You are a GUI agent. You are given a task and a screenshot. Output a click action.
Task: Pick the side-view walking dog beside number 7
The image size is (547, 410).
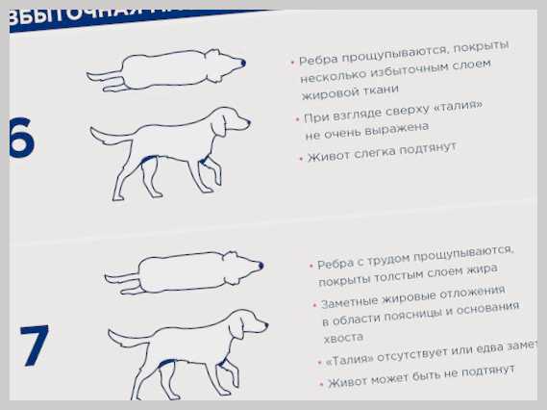point(188,351)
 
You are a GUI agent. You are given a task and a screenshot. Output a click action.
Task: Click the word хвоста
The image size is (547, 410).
point(343,338)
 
